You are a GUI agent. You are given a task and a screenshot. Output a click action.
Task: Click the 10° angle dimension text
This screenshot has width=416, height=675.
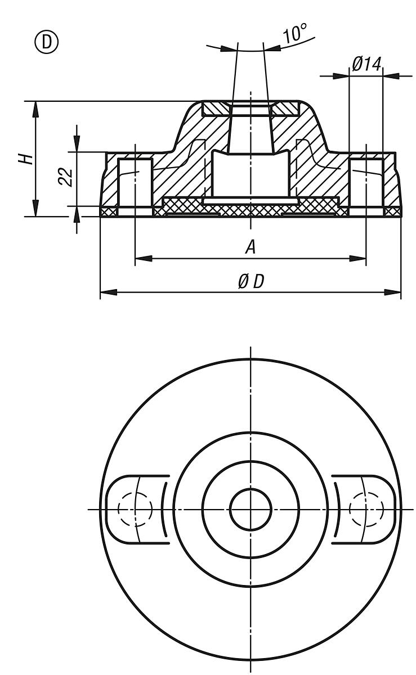click(294, 35)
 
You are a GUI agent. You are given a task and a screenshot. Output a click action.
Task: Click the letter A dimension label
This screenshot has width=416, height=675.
click(251, 247)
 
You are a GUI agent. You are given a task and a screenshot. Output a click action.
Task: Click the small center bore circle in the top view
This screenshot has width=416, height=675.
click(251, 509)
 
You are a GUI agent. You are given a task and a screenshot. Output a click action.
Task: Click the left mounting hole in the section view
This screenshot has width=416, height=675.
click(135, 183)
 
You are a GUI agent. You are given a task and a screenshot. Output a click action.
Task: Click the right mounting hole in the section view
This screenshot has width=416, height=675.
click(366, 183)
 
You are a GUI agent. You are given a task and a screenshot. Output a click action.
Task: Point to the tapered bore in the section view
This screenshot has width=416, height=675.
click(251, 129)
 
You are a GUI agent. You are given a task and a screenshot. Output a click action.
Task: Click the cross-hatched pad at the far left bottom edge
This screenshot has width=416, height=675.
click(109, 211)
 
